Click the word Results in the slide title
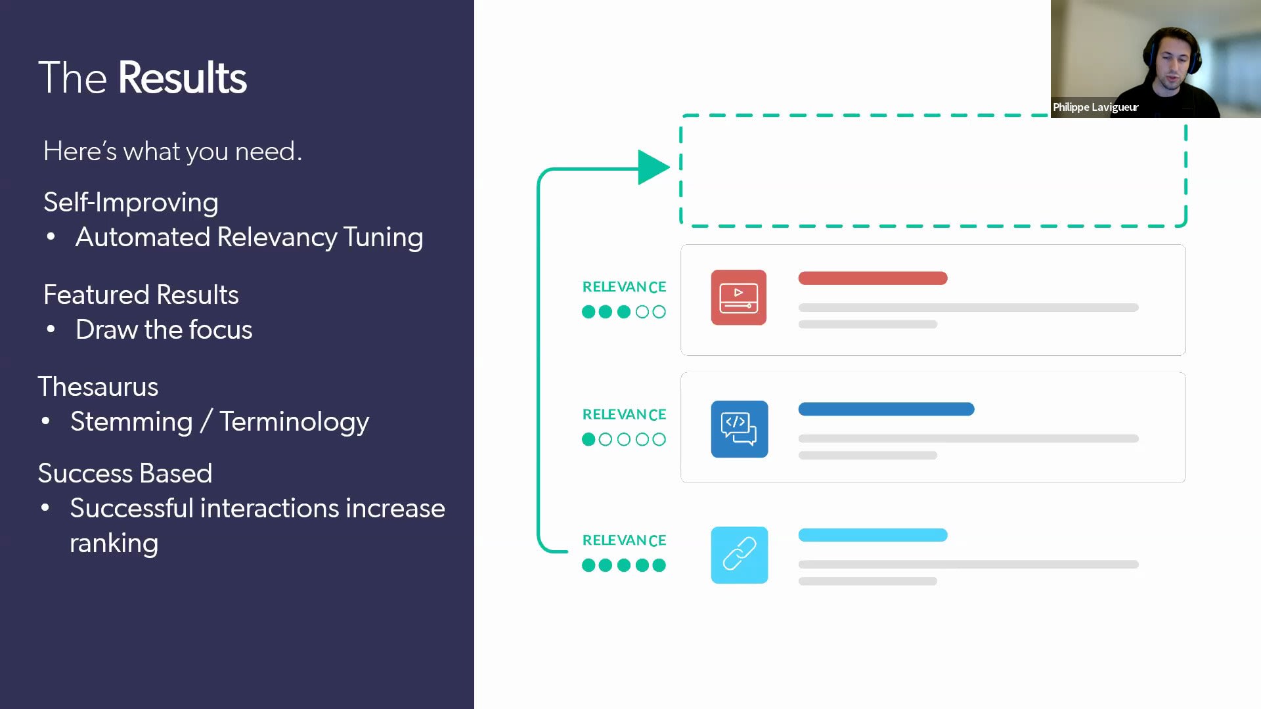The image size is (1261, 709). click(182, 77)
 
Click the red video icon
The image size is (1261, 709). click(739, 297)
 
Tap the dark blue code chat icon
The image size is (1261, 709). click(739, 429)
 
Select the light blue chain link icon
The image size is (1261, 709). click(739, 555)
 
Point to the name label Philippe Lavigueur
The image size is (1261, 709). click(1095, 107)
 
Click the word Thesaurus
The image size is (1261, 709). click(98, 387)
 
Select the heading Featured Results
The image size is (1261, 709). click(141, 295)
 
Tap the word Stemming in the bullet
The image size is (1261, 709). click(131, 421)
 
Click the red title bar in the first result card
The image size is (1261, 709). click(873, 278)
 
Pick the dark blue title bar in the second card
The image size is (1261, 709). click(886, 409)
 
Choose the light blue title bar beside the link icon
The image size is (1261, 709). click(873, 535)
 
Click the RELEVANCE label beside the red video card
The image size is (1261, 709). click(624, 287)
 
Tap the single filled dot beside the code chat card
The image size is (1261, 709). click(588, 439)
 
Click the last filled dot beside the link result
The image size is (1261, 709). click(659, 565)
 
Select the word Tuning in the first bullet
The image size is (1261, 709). click(383, 238)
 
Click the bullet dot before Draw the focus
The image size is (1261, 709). click(51, 329)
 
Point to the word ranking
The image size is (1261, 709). click(114, 544)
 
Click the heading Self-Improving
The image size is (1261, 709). click(131, 202)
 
